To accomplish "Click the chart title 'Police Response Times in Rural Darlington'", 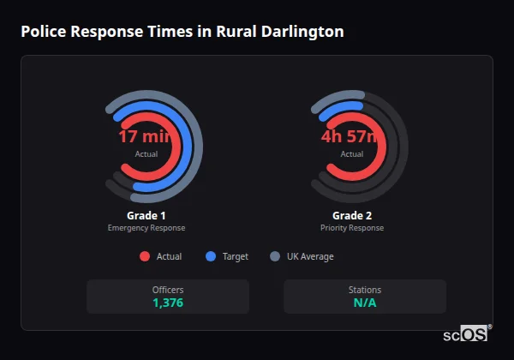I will click(182, 33).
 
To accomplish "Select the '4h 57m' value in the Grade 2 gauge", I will click(351, 137).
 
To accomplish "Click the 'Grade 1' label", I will click(146, 215).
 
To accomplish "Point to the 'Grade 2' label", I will click(352, 215).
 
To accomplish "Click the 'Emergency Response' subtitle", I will click(146, 228).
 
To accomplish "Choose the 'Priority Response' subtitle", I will click(352, 228).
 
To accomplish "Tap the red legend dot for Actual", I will click(144, 256).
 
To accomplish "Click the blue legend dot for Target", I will click(211, 256).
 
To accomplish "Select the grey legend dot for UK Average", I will click(275, 256).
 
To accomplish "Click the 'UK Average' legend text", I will click(310, 256).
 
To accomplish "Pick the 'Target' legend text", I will click(236, 256).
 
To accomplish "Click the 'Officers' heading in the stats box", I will click(168, 290).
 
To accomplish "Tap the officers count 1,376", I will click(168, 303).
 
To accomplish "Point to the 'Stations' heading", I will click(365, 290).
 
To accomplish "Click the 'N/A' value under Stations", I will click(365, 303).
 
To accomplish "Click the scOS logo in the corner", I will click(467, 335).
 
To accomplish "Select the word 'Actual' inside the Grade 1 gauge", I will click(146, 154).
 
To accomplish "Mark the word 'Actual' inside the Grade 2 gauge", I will click(352, 154).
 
